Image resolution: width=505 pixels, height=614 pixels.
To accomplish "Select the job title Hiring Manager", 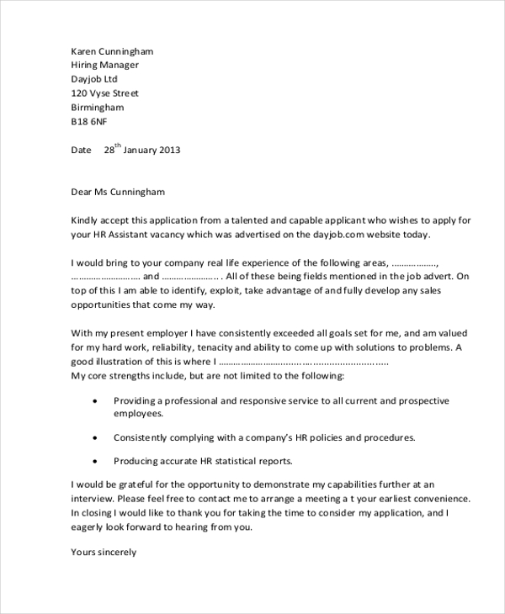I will click(x=105, y=66).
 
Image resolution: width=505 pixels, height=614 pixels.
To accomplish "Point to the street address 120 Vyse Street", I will click(x=105, y=93).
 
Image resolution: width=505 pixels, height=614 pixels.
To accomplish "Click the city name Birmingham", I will click(x=98, y=108).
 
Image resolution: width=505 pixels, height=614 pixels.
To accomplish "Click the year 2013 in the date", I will click(x=167, y=151).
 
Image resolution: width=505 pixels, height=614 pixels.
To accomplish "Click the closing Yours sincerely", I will click(x=104, y=553).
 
